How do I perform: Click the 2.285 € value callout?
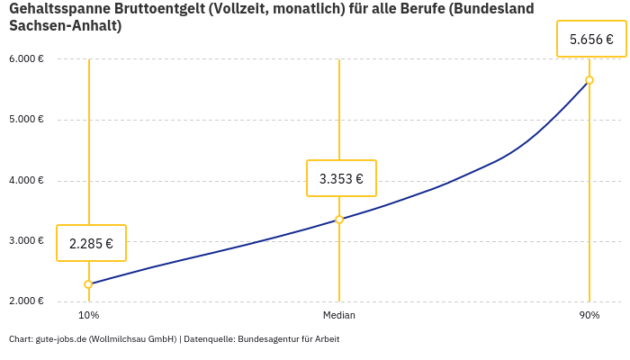(91, 243)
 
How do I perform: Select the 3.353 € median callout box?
(341, 178)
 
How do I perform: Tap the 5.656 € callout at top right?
(591, 40)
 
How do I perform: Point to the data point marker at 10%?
(88, 284)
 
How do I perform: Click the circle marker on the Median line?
(339, 220)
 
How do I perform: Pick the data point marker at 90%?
(589, 80)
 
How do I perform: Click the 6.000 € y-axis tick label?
(26, 59)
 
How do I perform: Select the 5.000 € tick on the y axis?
(26, 120)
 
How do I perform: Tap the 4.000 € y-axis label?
(26, 180)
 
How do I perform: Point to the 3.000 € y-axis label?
(26, 240)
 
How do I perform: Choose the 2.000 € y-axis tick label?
(26, 301)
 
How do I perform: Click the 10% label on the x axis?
(88, 316)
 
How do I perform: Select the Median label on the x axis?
(339, 316)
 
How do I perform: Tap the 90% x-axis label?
(589, 316)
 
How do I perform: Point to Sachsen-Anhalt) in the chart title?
(65, 26)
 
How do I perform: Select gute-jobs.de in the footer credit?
(59, 339)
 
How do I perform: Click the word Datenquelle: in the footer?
(209, 339)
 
